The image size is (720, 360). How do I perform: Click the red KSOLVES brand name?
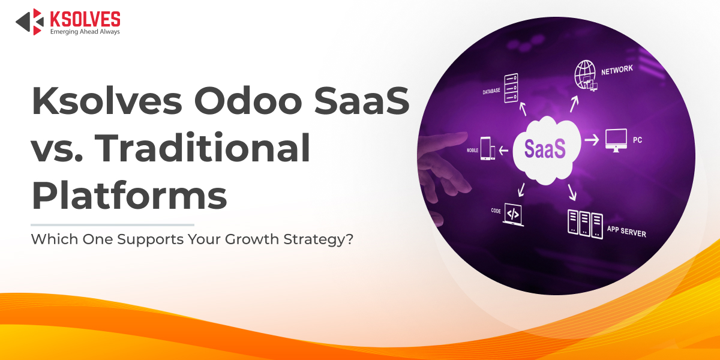click(85, 19)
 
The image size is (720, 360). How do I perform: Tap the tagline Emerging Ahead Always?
click(85, 31)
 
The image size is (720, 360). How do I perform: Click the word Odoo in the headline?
click(248, 101)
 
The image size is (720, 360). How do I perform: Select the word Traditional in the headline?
click(202, 148)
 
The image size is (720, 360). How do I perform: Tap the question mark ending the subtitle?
click(349, 239)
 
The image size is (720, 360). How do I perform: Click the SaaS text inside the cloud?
click(545, 149)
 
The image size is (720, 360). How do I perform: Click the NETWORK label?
click(617, 70)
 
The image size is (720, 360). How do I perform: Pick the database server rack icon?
click(511, 88)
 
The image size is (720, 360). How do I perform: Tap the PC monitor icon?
click(616, 140)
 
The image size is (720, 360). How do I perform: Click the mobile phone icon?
click(487, 149)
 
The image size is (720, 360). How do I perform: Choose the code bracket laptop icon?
click(513, 214)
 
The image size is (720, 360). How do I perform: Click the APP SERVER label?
click(626, 232)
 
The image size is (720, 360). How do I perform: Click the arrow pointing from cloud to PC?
click(592, 140)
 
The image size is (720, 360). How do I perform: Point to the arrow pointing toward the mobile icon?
click(503, 150)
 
